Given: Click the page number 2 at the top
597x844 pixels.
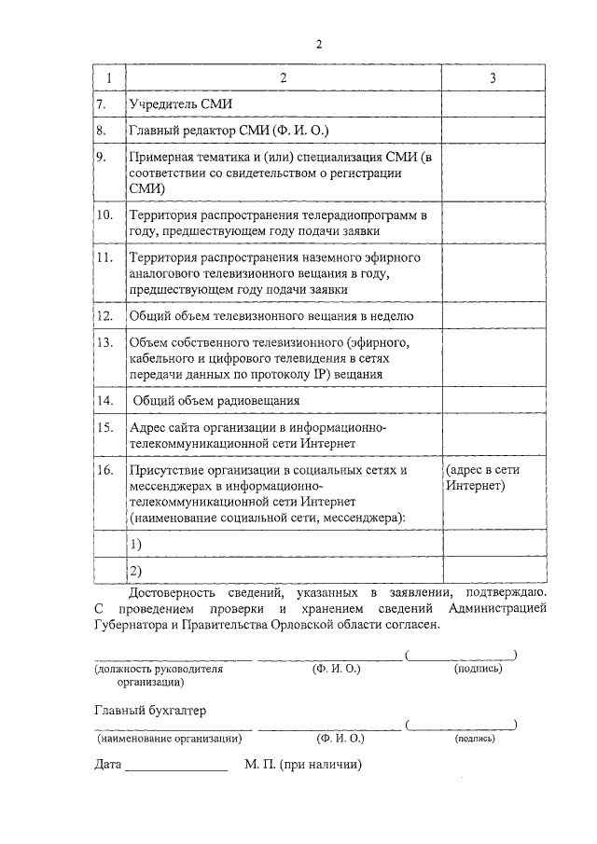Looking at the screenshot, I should [x=319, y=44].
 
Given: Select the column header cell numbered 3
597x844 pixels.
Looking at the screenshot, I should [x=493, y=78].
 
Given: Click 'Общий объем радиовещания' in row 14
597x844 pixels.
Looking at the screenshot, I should [x=215, y=400].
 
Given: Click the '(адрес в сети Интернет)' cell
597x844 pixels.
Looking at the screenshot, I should [x=481, y=478].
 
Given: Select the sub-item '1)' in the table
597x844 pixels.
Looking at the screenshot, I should [x=136, y=544].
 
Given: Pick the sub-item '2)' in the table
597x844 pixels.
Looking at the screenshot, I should [x=136, y=570].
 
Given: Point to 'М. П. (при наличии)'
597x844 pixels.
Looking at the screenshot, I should [x=302, y=765].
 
